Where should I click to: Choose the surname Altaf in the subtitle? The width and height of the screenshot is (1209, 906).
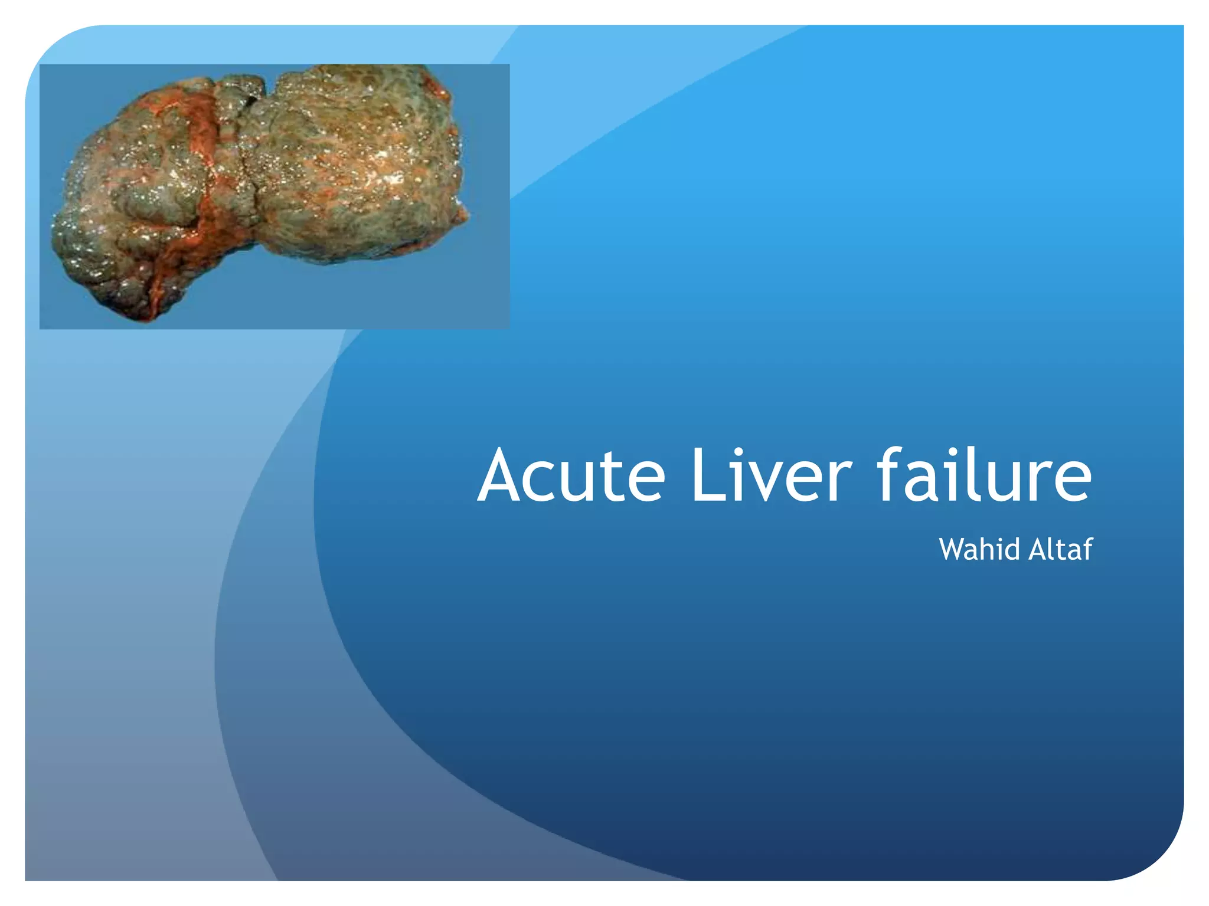[1060, 549]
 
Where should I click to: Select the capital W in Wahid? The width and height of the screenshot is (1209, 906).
[953, 549]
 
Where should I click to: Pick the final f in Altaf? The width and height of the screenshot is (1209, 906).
[1087, 549]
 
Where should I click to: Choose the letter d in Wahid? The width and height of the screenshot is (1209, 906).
[1014, 549]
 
